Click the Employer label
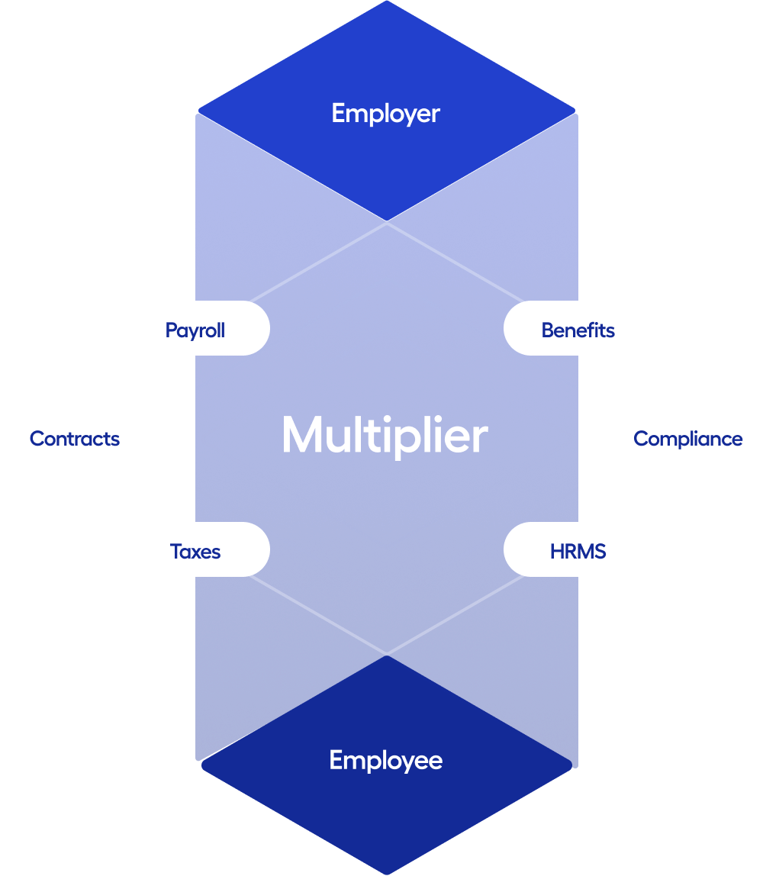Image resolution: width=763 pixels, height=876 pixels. tap(385, 114)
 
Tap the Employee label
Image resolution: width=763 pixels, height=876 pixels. tap(385, 760)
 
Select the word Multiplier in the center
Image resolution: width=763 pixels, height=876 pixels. tap(385, 436)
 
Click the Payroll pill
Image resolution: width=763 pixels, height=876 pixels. tap(195, 330)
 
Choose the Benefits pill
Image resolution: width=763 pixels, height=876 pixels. tap(578, 330)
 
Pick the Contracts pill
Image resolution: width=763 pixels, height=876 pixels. tap(75, 439)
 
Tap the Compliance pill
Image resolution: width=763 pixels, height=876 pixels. tap(687, 439)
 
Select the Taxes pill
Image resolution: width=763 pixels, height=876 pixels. tap(195, 551)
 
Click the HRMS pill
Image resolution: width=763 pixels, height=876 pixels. tap(578, 551)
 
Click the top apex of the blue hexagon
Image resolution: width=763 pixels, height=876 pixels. tap(387, 2)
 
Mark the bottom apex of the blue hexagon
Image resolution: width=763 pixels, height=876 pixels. tap(387, 873)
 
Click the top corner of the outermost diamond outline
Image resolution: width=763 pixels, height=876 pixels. tap(387, 224)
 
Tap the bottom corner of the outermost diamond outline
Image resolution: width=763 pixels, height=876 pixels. tap(387, 653)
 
